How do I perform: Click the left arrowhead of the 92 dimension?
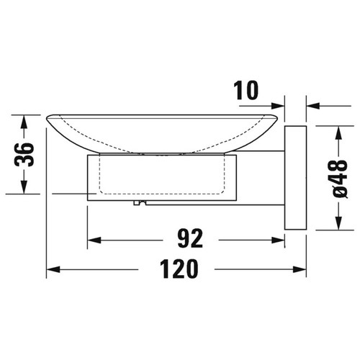(x=94, y=240)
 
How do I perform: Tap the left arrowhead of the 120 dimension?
(x=53, y=271)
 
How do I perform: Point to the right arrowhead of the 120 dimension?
(x=297, y=271)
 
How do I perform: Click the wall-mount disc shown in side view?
(x=294, y=178)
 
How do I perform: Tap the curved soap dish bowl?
(x=162, y=133)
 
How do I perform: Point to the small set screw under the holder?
(x=135, y=204)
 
